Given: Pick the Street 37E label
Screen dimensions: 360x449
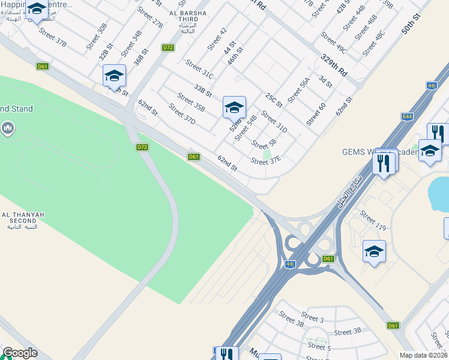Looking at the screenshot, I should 266,161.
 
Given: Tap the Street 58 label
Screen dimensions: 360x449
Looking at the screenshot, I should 264,145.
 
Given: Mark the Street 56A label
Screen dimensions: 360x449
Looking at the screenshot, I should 298,90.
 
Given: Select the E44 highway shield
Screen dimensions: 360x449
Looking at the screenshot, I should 408,116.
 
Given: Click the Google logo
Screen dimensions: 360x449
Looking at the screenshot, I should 20,353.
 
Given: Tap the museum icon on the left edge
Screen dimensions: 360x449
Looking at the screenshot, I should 8,128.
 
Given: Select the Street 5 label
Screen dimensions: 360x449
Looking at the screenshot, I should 319,346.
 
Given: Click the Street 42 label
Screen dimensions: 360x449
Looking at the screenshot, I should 217,39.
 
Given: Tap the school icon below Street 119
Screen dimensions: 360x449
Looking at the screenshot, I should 374,251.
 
